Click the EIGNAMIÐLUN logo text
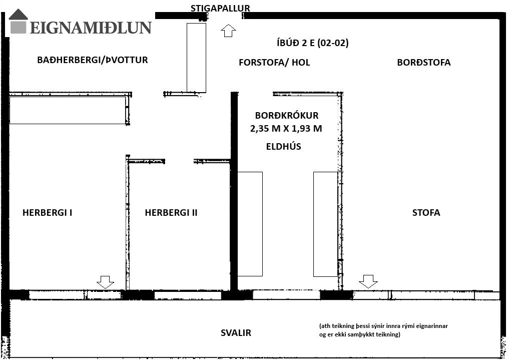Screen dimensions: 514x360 (x=91, y=28)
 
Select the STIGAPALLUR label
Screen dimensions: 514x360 (x=220, y=8)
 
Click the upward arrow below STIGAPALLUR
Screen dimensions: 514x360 (x=229, y=31)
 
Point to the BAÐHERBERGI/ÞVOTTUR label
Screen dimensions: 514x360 (x=93, y=60)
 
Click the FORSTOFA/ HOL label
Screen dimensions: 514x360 (x=274, y=62)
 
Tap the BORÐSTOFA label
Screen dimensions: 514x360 (x=424, y=62)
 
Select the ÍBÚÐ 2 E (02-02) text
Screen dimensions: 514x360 (x=313, y=43)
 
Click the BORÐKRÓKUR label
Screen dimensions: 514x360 (x=287, y=115)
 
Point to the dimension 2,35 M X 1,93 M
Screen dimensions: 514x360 (x=286, y=129)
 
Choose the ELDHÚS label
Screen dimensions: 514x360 (x=284, y=146)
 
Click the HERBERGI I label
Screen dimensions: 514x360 (x=47, y=212)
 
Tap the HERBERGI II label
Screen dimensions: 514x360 (x=171, y=212)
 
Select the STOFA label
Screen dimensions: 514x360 (x=426, y=212)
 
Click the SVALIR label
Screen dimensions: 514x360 (x=236, y=333)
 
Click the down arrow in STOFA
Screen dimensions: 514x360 (x=368, y=281)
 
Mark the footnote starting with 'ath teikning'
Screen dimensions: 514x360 (x=383, y=330)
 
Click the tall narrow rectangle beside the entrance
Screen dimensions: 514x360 (x=196, y=58)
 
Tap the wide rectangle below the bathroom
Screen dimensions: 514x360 (x=68, y=110)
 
